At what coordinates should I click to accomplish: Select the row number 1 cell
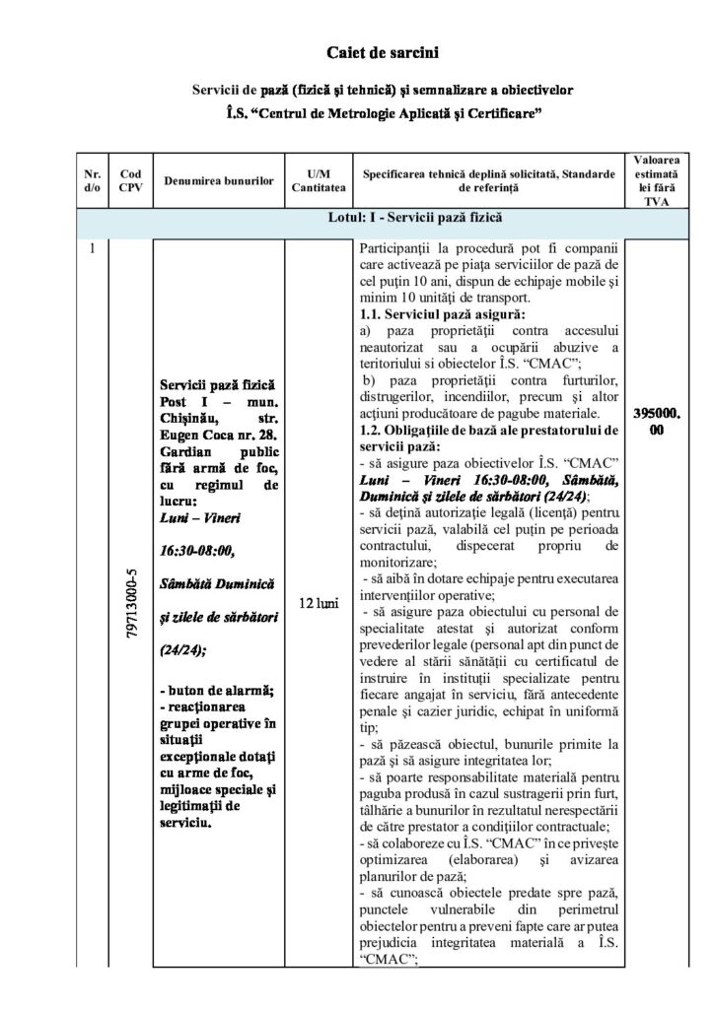point(92,248)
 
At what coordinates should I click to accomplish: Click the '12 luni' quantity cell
point(318,601)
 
